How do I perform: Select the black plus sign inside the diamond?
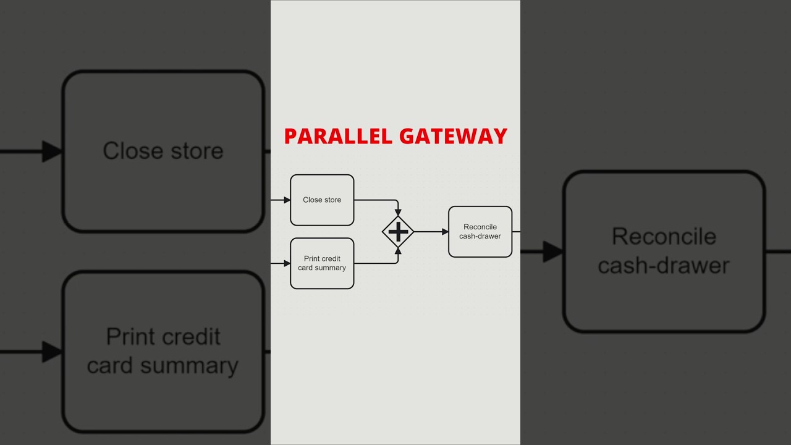(x=398, y=232)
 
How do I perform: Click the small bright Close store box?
(x=322, y=200)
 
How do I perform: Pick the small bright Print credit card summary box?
(x=322, y=263)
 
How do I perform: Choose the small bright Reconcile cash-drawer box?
(x=480, y=232)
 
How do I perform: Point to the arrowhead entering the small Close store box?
(x=287, y=200)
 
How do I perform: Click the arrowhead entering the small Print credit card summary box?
(x=287, y=263)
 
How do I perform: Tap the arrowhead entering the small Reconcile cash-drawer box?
(x=445, y=232)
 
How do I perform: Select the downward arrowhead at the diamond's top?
(x=398, y=212)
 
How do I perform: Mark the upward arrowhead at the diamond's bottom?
(x=398, y=252)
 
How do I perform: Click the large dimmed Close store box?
(x=163, y=151)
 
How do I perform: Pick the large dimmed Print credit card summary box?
(x=163, y=351)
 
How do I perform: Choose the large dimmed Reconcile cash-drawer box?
(x=664, y=252)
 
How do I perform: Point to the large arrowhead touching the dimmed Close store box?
(x=52, y=151)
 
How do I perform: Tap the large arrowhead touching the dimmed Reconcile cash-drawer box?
(x=552, y=252)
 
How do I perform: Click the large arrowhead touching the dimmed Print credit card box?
(x=52, y=352)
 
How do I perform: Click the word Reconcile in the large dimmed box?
(x=664, y=237)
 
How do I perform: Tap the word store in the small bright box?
(x=331, y=200)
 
